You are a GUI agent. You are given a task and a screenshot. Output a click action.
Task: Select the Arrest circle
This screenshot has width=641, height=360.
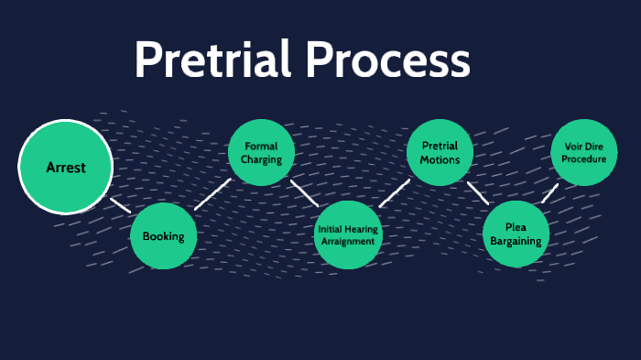(66, 168)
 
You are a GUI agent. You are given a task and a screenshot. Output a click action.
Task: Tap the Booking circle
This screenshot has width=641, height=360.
(163, 235)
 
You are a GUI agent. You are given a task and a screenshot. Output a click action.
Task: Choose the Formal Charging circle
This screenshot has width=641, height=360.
(261, 153)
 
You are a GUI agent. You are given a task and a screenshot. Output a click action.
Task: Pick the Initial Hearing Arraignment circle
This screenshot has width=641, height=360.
(347, 235)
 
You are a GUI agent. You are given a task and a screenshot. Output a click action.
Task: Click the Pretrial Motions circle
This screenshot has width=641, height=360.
(440, 153)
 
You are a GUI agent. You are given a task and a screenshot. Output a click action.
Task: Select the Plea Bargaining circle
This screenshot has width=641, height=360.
(516, 235)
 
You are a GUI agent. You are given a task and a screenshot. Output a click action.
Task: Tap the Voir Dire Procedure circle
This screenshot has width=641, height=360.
(583, 152)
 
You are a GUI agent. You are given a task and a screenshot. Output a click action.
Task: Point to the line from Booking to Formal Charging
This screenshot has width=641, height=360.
(212, 193)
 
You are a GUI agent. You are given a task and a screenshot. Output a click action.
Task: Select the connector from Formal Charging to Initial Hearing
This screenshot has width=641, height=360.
(304, 192)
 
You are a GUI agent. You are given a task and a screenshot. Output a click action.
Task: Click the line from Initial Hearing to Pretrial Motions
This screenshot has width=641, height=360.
(394, 193)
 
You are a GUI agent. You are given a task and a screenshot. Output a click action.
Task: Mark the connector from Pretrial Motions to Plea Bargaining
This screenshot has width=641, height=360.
(478, 192)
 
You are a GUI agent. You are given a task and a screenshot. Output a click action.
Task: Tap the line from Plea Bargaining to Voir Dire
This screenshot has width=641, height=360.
(549, 192)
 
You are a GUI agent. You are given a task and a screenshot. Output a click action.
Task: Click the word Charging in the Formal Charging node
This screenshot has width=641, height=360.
(261, 160)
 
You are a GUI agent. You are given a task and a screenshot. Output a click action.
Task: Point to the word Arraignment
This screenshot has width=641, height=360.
(347, 241)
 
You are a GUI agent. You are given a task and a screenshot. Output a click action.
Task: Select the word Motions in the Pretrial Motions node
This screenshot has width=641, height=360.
(440, 160)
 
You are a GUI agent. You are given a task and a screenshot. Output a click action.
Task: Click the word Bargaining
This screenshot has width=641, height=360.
(516, 242)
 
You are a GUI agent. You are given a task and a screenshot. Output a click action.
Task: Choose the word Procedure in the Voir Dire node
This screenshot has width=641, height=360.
(583, 158)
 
